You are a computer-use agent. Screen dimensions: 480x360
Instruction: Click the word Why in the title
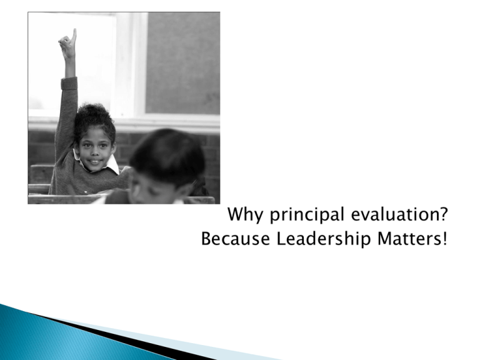tap(245, 214)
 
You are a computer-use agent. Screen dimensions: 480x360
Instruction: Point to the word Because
tap(236, 239)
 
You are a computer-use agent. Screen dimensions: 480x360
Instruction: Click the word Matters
tap(408, 239)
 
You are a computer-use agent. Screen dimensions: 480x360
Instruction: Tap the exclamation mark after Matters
tap(444, 239)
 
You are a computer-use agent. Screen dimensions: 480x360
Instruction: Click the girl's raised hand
tap(68, 44)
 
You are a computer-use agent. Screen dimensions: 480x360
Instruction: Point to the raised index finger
tap(74, 35)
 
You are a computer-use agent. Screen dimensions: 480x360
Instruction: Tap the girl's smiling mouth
tap(94, 161)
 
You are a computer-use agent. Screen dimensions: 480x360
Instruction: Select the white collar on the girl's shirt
tap(111, 165)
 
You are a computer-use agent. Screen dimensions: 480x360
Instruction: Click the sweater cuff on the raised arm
tap(69, 83)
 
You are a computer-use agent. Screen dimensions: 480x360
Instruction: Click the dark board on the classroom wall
tap(182, 63)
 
